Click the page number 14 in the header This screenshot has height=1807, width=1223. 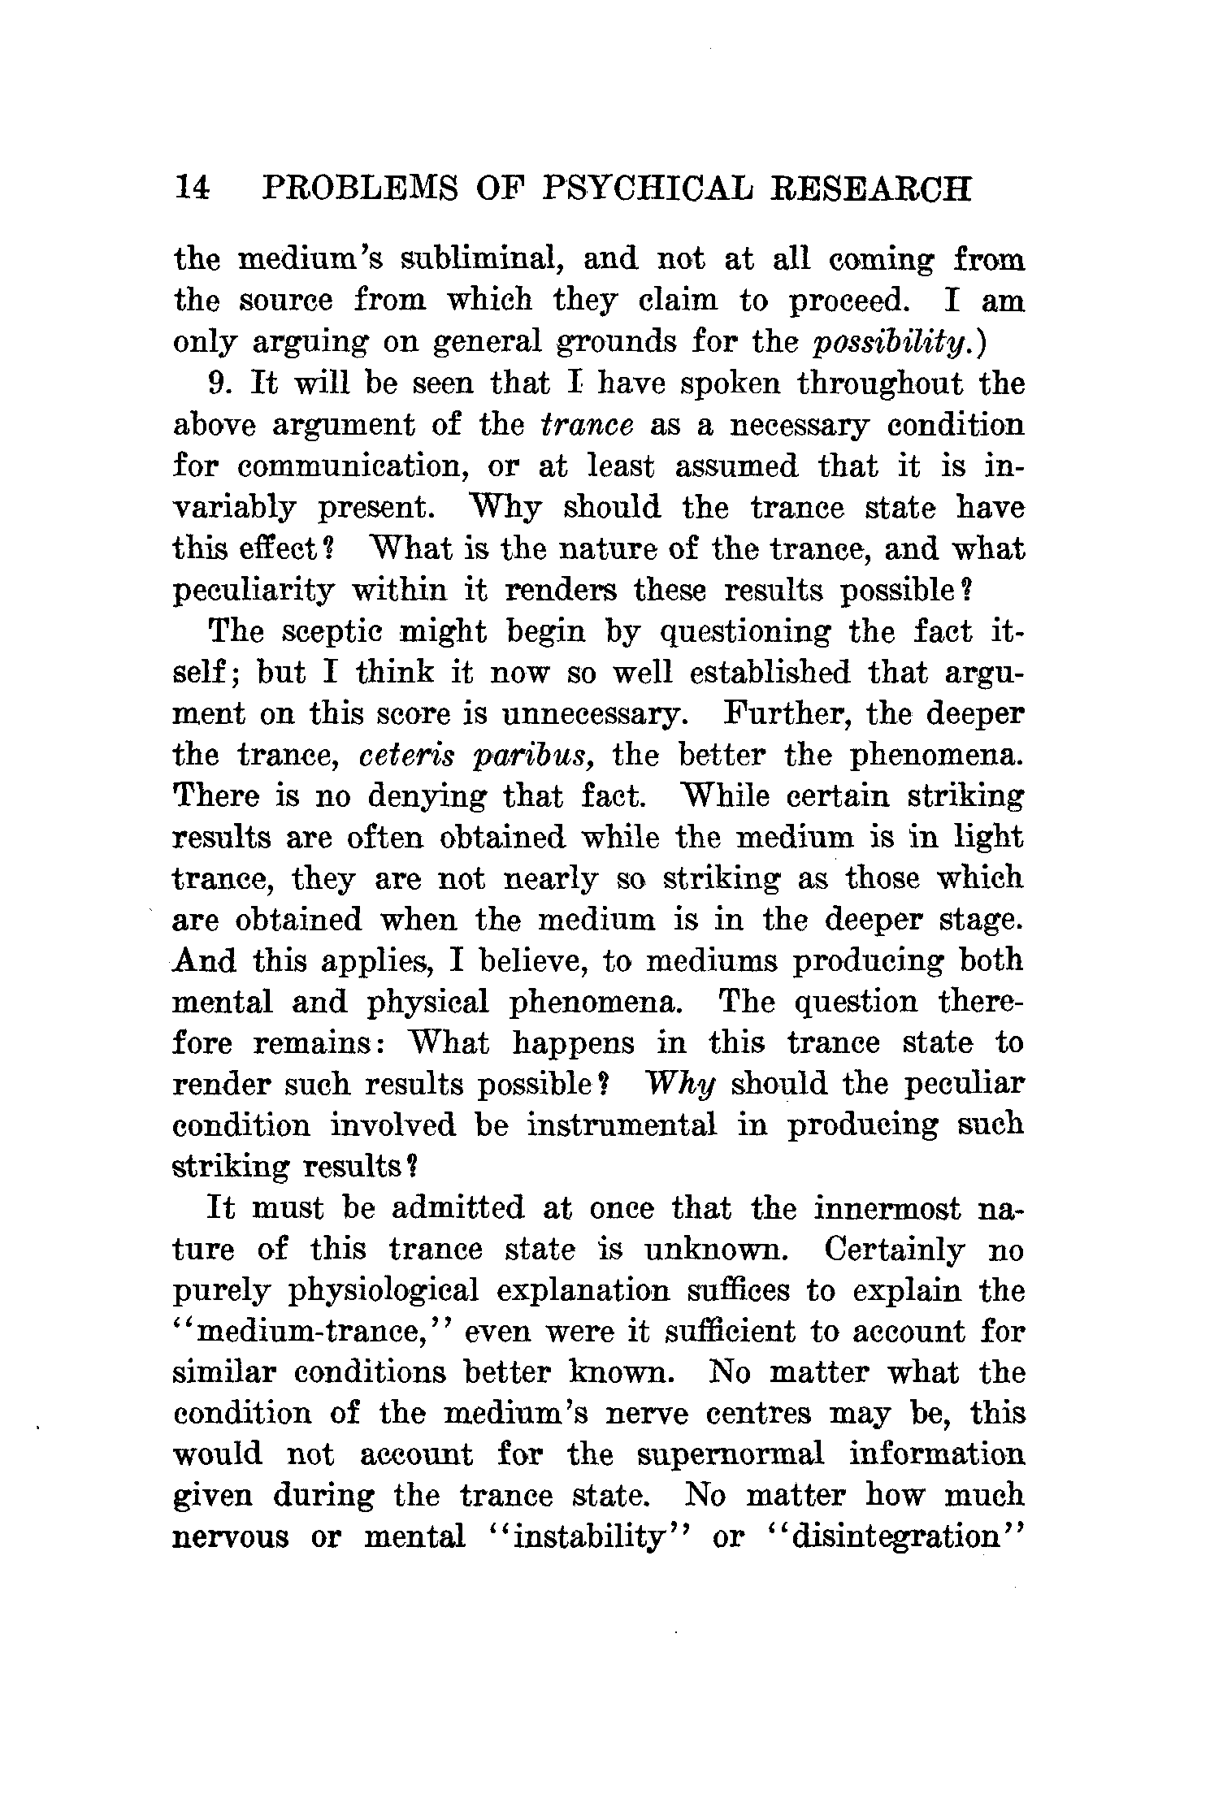(193, 189)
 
